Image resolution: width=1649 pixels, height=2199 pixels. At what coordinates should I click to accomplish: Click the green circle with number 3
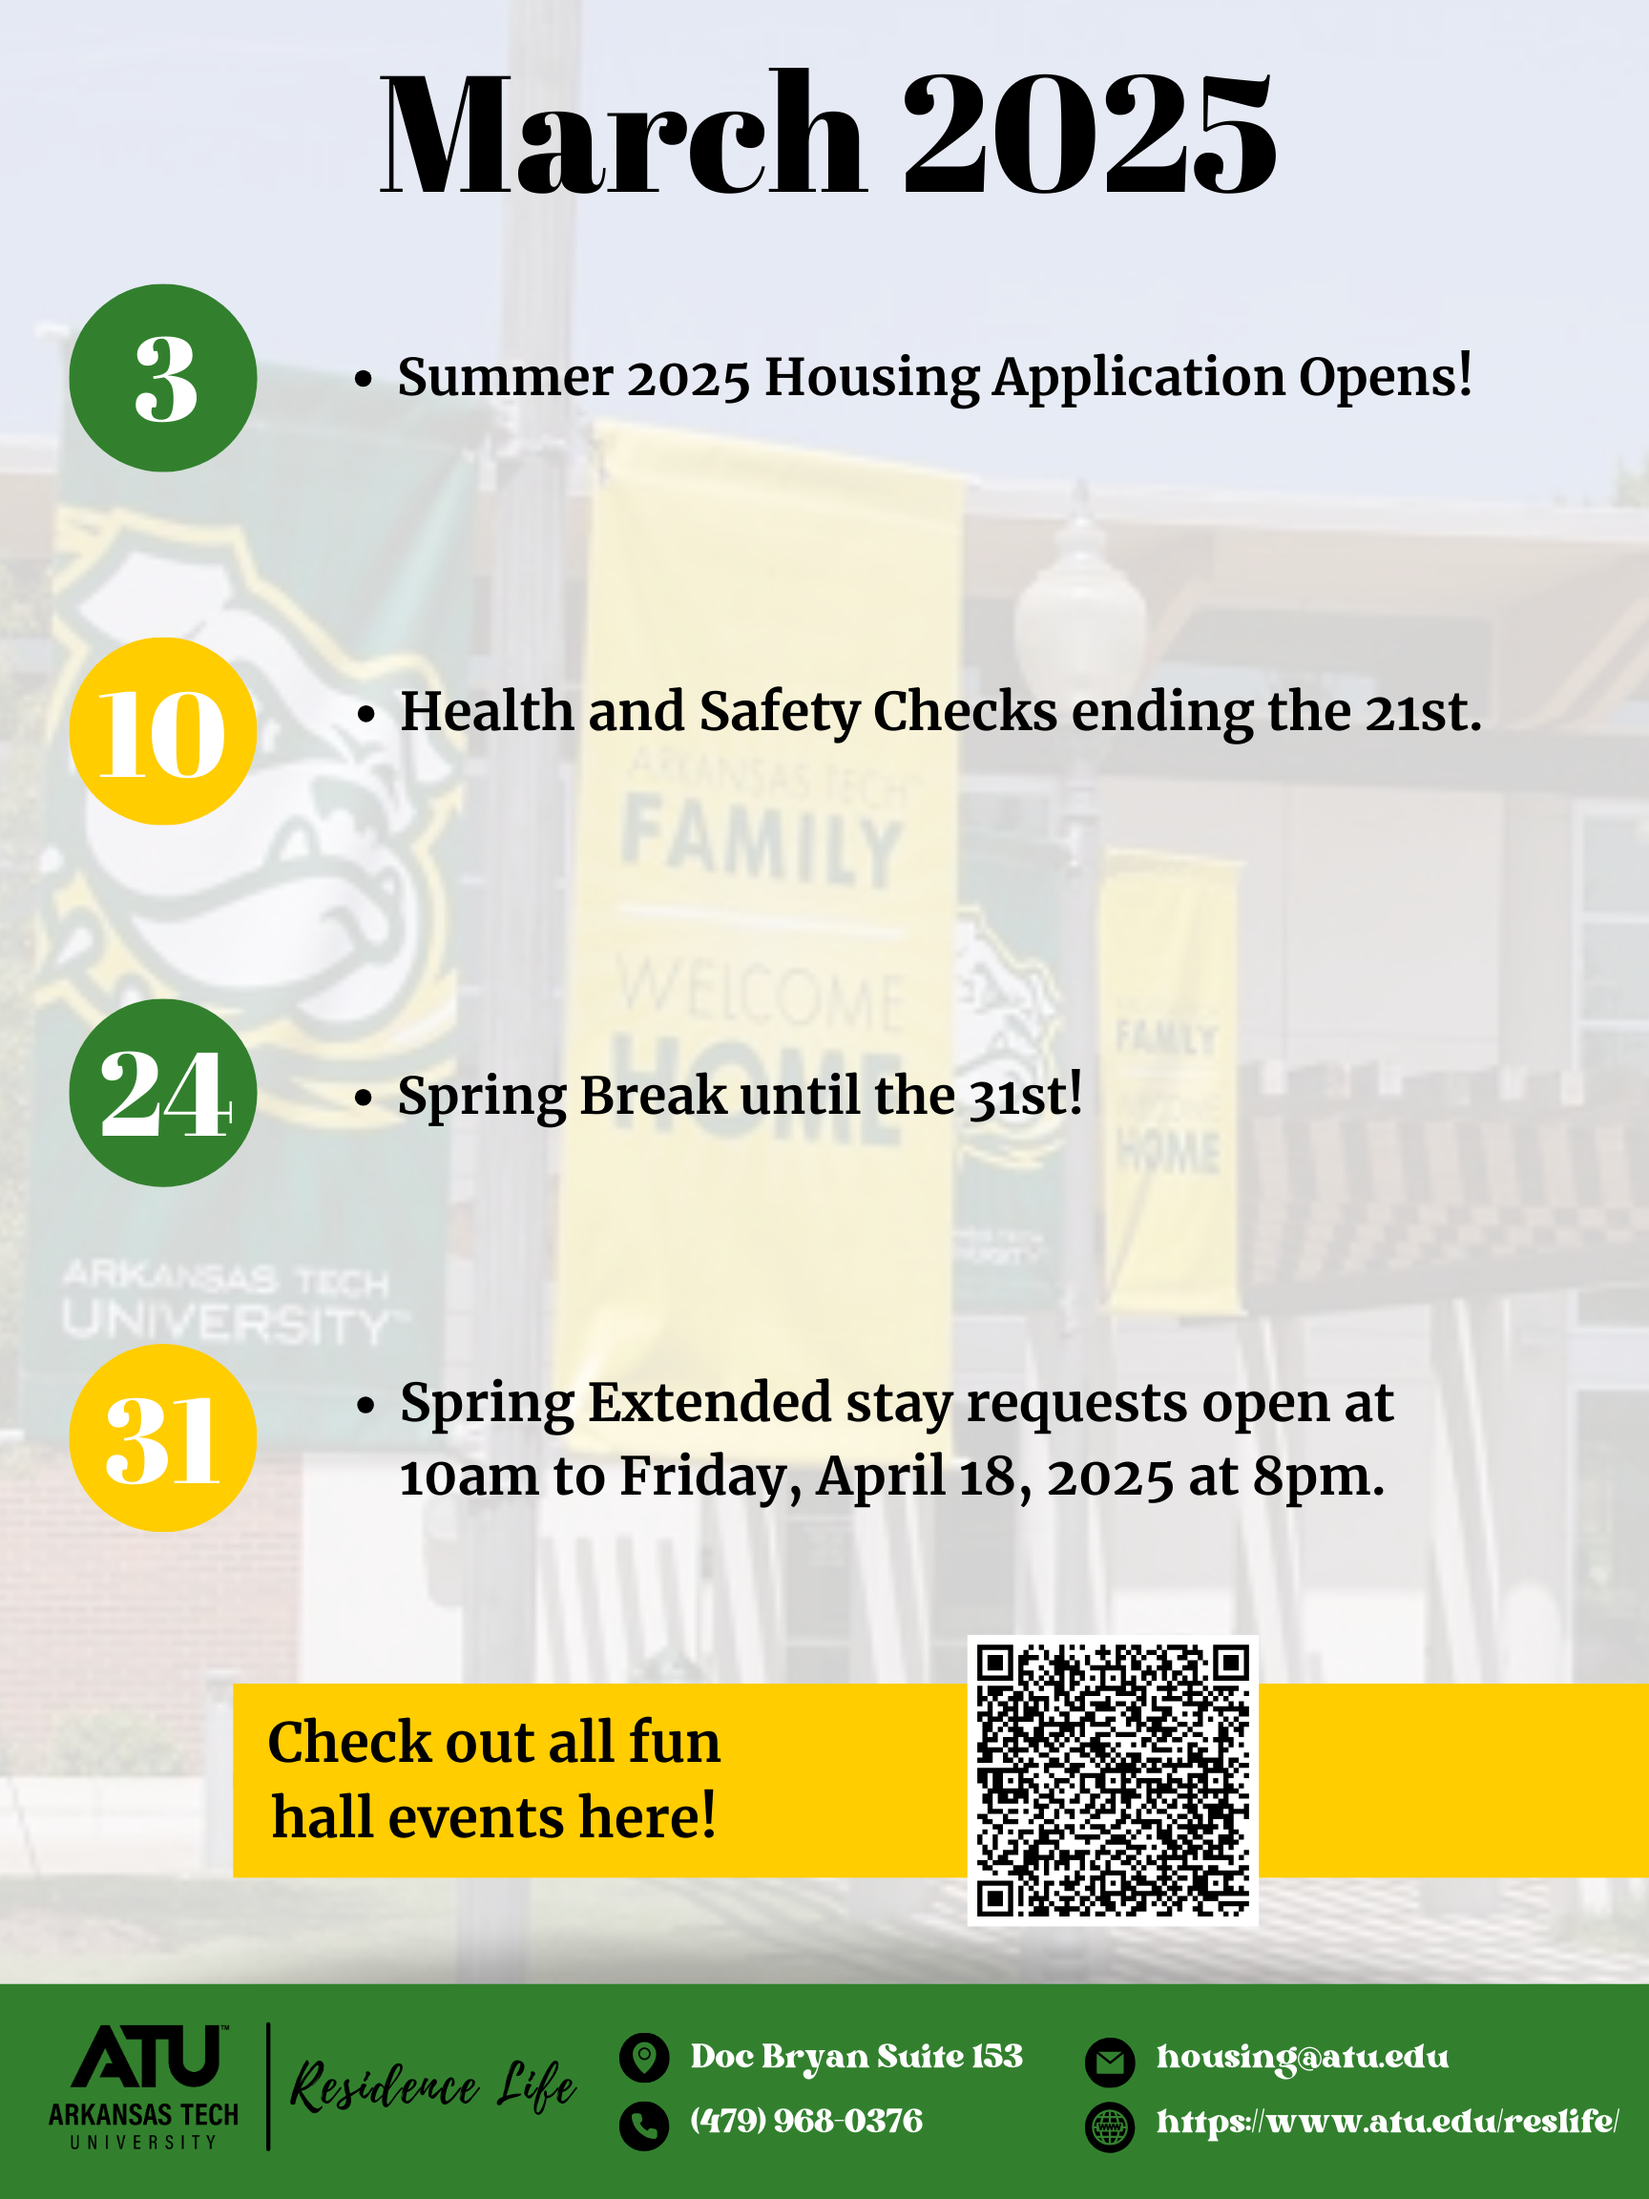tap(163, 378)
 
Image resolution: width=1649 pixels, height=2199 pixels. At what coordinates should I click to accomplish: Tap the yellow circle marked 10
tap(163, 731)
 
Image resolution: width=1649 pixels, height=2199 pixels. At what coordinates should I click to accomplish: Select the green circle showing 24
tap(163, 1093)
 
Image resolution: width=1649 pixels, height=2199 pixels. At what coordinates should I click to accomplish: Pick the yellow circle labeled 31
tap(163, 1437)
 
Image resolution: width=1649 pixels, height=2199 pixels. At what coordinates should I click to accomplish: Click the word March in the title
tap(622, 134)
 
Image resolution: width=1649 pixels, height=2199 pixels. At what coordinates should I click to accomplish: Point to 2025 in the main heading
tap(1090, 134)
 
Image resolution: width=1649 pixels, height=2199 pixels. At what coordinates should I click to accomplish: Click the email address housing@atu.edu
tap(1302, 2055)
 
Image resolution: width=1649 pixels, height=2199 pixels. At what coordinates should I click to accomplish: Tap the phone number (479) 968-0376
tap(806, 2121)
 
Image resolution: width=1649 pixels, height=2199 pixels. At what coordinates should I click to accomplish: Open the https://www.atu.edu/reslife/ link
tap(1388, 2121)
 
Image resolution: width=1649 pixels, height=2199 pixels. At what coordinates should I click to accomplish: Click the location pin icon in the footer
tap(644, 2057)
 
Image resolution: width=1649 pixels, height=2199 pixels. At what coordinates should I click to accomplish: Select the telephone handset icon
tap(644, 2126)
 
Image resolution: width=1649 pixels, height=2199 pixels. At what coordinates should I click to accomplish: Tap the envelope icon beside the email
tap(1109, 2063)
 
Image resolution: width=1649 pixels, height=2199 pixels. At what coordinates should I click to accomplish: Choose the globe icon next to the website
tap(1109, 2127)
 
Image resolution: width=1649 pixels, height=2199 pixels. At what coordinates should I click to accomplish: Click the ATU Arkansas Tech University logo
tap(144, 2086)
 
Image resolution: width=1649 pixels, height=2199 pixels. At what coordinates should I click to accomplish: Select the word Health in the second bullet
tap(487, 711)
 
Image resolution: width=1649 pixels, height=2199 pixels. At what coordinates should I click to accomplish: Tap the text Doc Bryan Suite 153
tap(857, 2056)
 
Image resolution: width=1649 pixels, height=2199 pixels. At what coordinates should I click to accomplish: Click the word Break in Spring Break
tap(653, 1095)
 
